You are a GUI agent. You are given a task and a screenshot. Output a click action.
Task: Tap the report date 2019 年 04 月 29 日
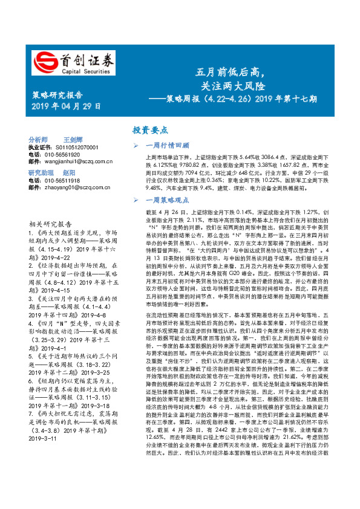coord(65,107)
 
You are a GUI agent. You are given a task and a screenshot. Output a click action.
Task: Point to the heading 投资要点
coord(150,130)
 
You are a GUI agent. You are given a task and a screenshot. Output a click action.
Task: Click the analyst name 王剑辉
coord(73,139)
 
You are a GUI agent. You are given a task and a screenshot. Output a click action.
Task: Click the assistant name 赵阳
coord(69,173)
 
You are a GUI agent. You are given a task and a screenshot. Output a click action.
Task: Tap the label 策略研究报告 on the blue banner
coord(57,95)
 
